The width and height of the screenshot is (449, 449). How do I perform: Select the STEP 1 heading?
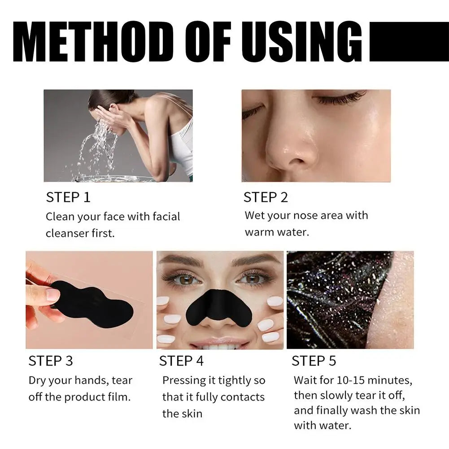pos(68,197)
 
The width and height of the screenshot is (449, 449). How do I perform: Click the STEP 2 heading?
pos(266,197)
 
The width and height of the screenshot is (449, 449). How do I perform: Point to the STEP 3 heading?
pos(51,361)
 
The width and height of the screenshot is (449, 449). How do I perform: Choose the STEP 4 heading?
pos(181,361)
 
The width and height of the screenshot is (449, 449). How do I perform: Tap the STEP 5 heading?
pos(314,361)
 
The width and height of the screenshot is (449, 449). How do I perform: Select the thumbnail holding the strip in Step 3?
pos(52,294)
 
